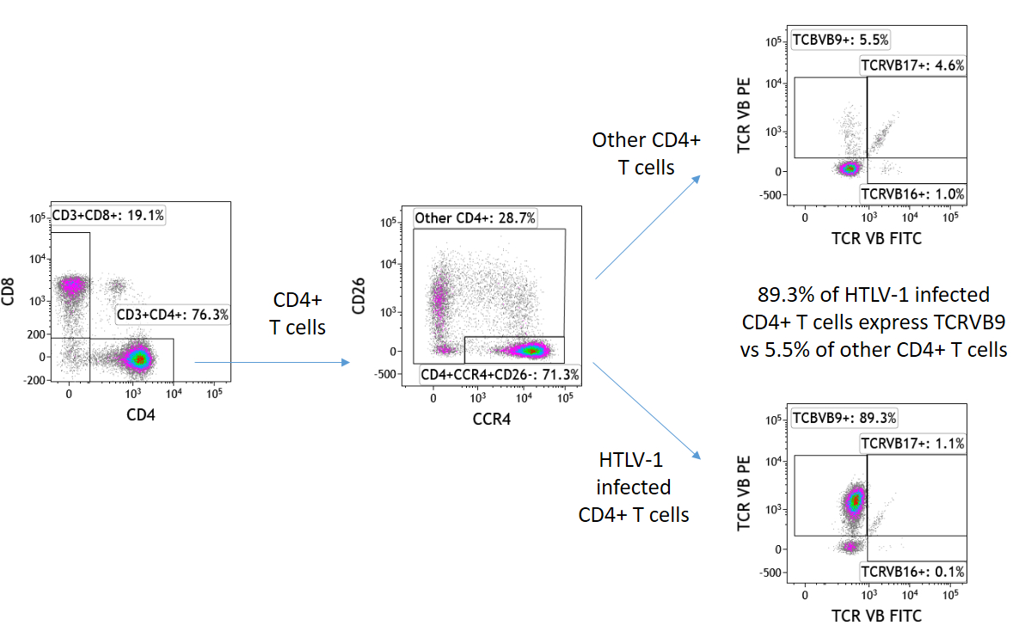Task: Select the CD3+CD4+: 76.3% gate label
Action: pyautogui.click(x=173, y=315)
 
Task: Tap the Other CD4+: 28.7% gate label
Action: pyautogui.click(x=476, y=218)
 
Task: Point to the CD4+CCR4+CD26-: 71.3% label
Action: pyautogui.click(x=500, y=375)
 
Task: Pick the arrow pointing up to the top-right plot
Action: pyautogui.click(x=647, y=228)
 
